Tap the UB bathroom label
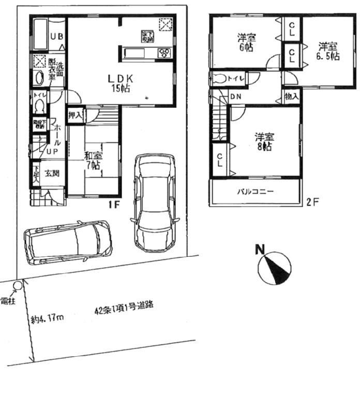click(56, 36)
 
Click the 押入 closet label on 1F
click(75, 115)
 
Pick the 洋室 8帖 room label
click(264, 142)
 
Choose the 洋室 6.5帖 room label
click(328, 50)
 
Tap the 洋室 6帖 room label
click(247, 42)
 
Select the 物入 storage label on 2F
click(291, 96)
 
